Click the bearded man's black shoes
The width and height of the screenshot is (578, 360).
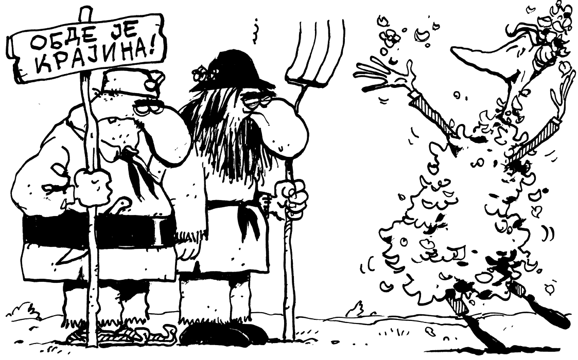point(225,333)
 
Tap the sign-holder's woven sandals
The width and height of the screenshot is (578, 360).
point(121,333)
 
